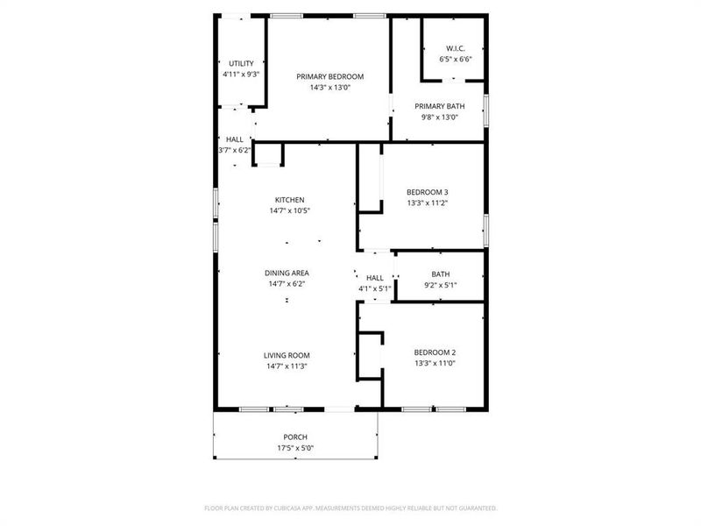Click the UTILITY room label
pyautogui.click(x=241, y=63)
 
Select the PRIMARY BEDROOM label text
pyautogui.click(x=329, y=76)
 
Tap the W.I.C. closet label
pyautogui.click(x=455, y=48)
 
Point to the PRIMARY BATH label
pyautogui.click(x=440, y=106)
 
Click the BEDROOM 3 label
pyautogui.click(x=428, y=192)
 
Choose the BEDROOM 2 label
pyautogui.click(x=435, y=352)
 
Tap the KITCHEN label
pyautogui.click(x=289, y=200)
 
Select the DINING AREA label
pyautogui.click(x=287, y=273)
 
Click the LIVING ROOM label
pyautogui.click(x=287, y=355)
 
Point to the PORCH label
pyautogui.click(x=294, y=437)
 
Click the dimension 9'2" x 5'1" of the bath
pyautogui.click(x=440, y=285)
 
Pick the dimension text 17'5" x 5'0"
pyautogui.click(x=294, y=448)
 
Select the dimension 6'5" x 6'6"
pyautogui.click(x=455, y=60)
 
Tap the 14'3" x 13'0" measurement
pyautogui.click(x=329, y=88)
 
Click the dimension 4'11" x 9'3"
pyautogui.click(x=241, y=75)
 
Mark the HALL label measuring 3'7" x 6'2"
pyautogui.click(x=235, y=139)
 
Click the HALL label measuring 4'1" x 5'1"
pyautogui.click(x=375, y=277)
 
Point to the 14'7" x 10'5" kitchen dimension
pyautogui.click(x=289, y=211)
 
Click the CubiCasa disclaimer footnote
pyautogui.click(x=350, y=508)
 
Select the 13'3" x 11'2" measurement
pyautogui.click(x=428, y=203)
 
